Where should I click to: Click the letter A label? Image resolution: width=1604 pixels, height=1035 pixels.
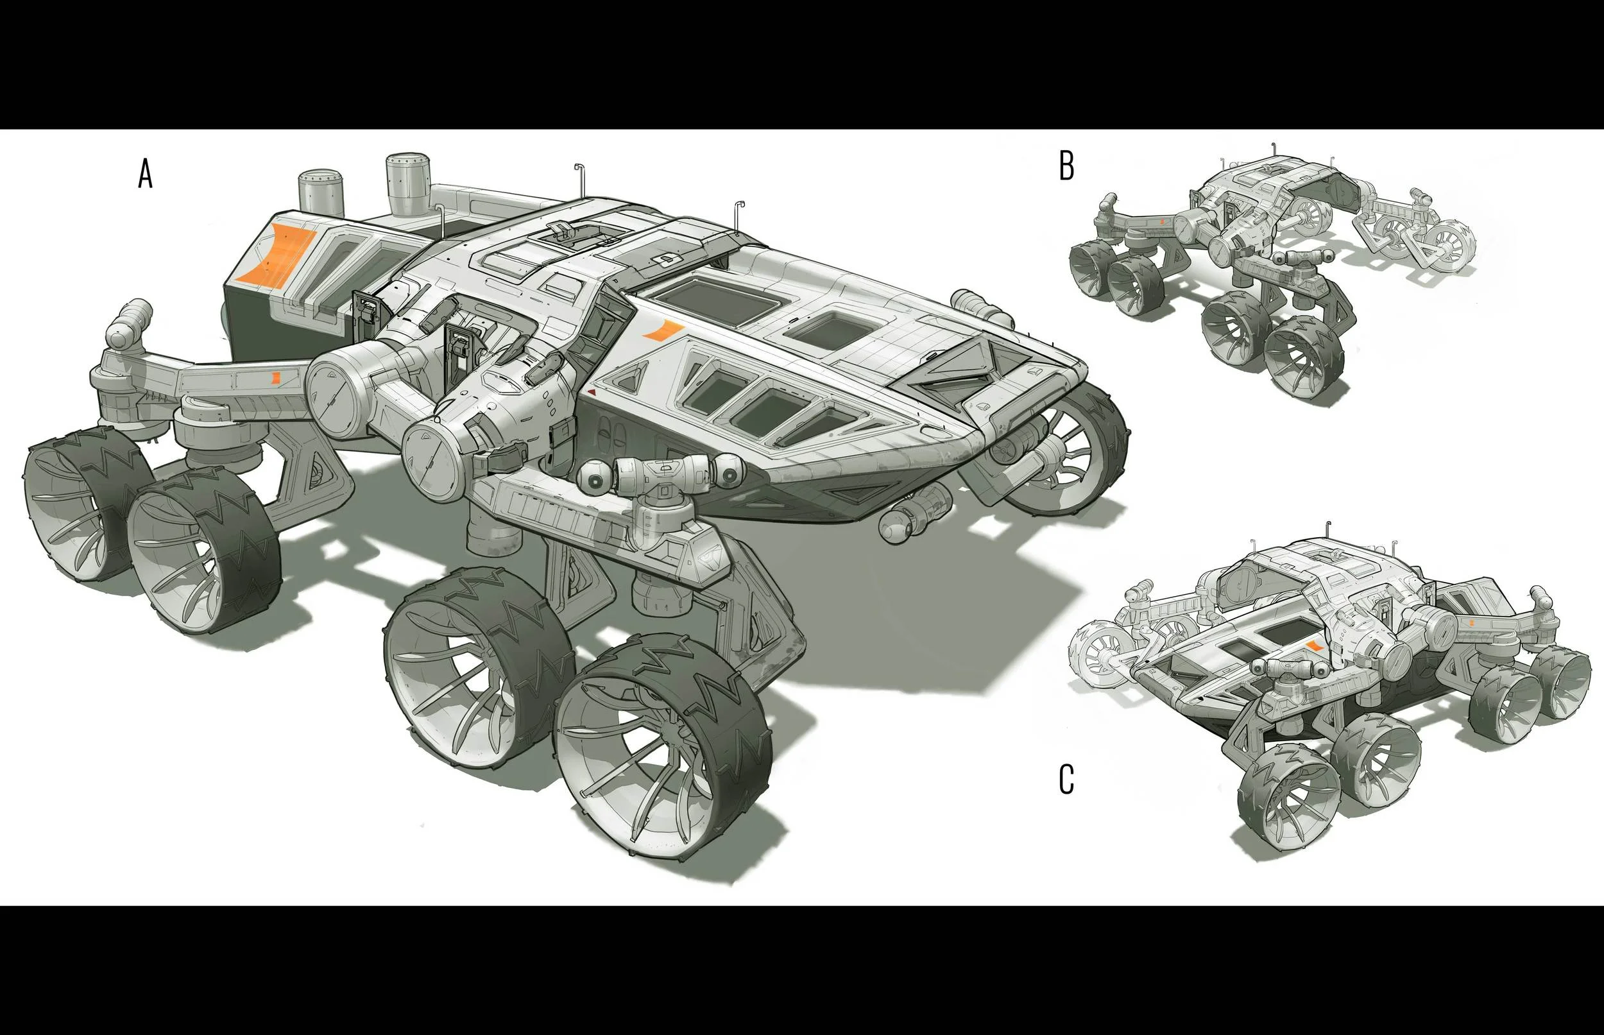[x=145, y=173]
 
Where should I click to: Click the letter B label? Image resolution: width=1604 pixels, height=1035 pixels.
[x=1066, y=166]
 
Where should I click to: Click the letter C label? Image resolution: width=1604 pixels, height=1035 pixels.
[x=1066, y=780]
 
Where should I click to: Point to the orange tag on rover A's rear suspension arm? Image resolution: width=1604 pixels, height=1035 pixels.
[x=276, y=377]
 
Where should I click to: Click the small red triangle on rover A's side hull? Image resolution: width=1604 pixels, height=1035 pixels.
[x=592, y=391]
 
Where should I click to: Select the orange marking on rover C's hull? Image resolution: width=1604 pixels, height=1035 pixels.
[x=1315, y=646]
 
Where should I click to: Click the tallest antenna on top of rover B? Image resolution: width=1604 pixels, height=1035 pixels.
[x=1274, y=151]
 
